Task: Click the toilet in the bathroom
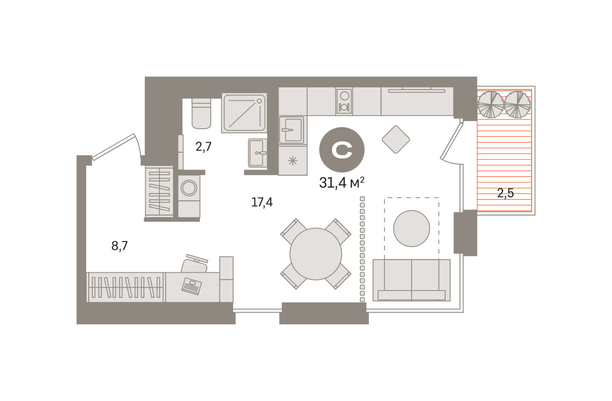coord(201,113)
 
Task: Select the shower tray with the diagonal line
coord(244,113)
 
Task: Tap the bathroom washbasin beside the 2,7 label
coord(258,153)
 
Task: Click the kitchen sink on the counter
coord(292,130)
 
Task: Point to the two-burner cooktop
coord(344,101)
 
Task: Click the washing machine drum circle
coord(189,188)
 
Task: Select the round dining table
coord(316,254)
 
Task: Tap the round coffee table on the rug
coord(412,228)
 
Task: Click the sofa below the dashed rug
coord(412,280)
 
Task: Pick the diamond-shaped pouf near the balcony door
coord(396,139)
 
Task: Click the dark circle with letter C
coord(342,150)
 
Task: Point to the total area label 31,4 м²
coord(342,182)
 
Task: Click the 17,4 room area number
coord(262,202)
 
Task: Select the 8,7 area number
coord(119,246)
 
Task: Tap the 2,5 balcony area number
coord(505,193)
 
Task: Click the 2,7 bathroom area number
coord(203,147)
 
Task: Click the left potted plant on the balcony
coord(491,104)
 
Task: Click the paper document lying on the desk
coord(192,286)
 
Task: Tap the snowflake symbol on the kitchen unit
coord(293,161)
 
